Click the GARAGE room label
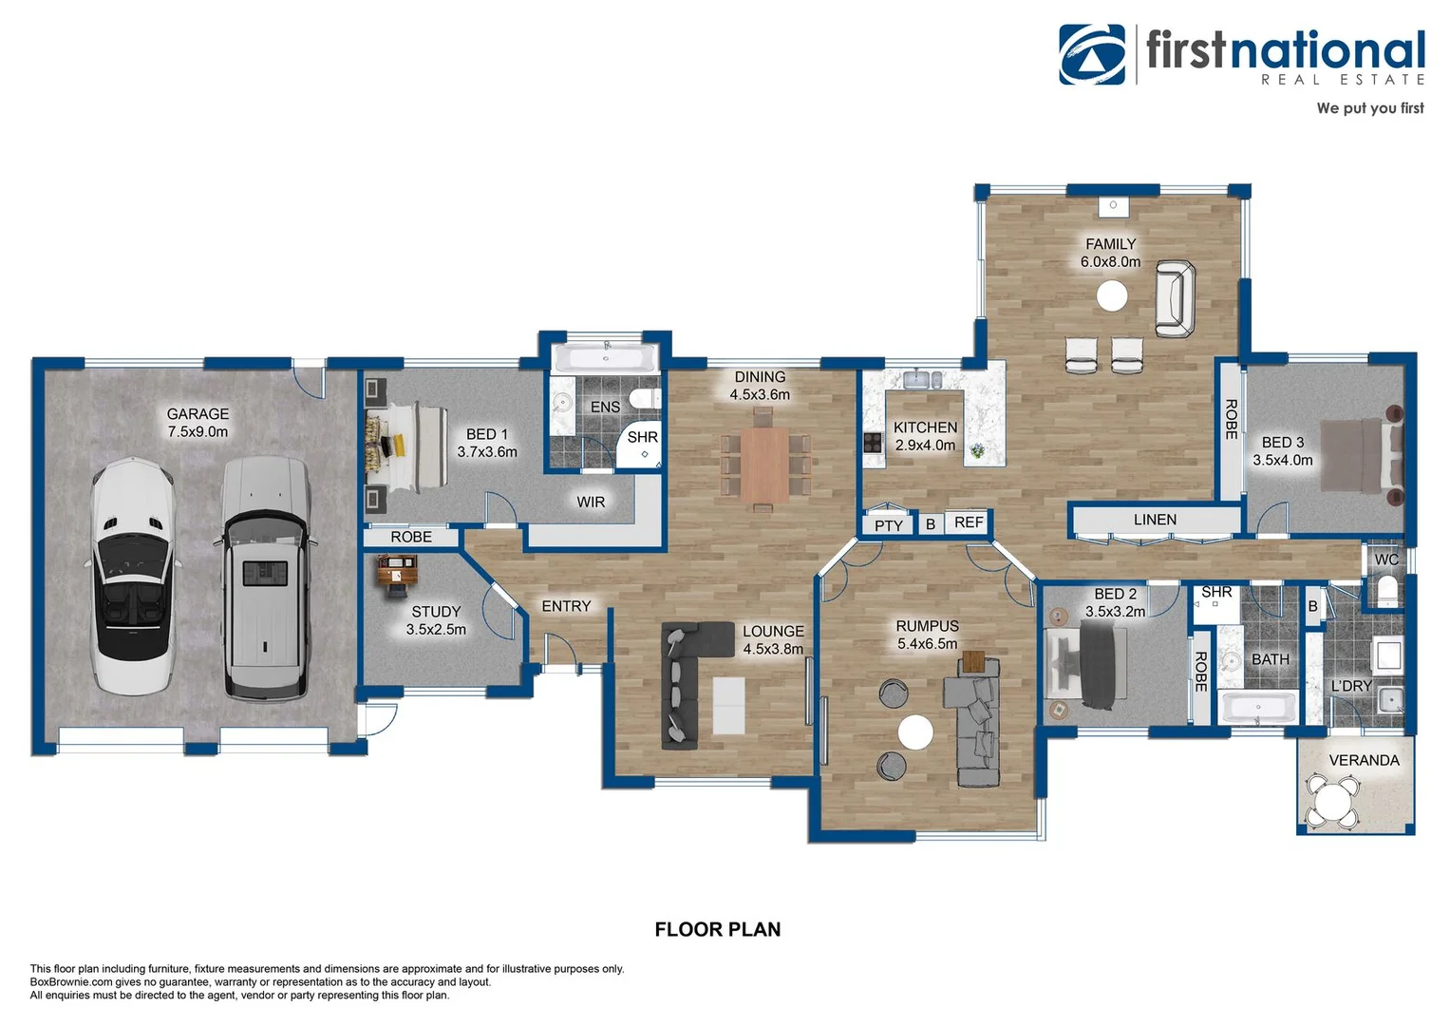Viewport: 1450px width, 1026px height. [x=198, y=414]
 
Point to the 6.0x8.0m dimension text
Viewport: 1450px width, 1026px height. [x=1110, y=262]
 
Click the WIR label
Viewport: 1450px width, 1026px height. [x=591, y=502]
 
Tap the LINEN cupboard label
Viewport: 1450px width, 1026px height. [x=1155, y=520]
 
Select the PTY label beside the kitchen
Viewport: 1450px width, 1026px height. [x=889, y=525]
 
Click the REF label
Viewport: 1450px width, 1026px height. [x=969, y=522]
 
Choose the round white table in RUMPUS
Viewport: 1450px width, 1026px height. [x=915, y=732]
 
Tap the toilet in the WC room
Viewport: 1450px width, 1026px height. [x=1387, y=591]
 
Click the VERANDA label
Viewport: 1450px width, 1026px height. [x=1364, y=760]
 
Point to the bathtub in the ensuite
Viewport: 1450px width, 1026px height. [x=606, y=359]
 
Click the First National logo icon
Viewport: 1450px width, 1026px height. [x=1092, y=55]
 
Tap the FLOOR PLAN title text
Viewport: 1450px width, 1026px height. [x=718, y=930]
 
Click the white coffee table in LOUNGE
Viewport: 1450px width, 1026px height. [x=728, y=705]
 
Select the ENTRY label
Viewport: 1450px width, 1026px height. [x=566, y=606]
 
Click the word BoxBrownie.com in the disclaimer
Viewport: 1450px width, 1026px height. [x=71, y=982]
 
